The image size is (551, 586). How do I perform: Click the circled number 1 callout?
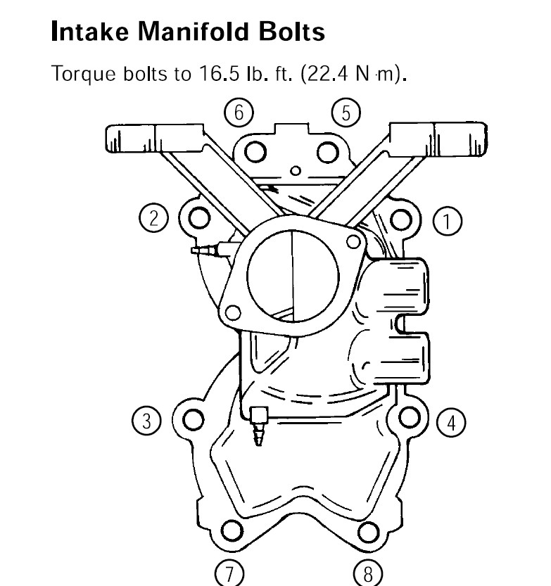point(448,221)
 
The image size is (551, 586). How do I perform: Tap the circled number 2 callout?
point(153,218)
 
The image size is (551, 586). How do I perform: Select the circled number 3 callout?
point(147,420)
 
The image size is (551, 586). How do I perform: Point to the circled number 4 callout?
point(451,422)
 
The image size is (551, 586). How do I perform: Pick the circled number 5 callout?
point(346,113)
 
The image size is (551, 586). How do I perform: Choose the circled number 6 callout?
point(239,112)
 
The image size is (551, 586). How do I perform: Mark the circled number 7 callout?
point(229,573)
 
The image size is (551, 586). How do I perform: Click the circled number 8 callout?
point(368,573)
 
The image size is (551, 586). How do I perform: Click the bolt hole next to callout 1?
point(401,219)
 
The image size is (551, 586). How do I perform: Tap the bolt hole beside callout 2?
point(199,217)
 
